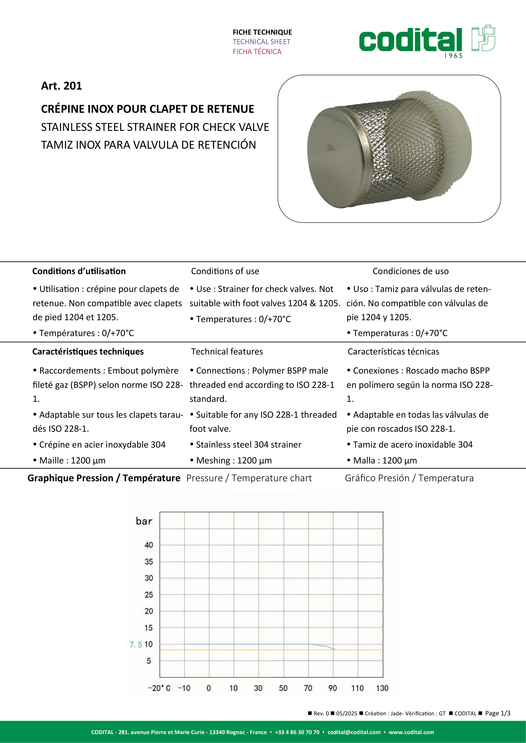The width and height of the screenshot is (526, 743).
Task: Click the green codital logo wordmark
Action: pyautogui.click(x=410, y=40)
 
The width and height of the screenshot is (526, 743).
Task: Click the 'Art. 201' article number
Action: pyautogui.click(x=62, y=86)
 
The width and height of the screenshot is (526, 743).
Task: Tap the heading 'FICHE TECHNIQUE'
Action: pyautogui.click(x=262, y=32)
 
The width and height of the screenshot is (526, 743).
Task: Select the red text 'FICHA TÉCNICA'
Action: pyautogui.click(x=257, y=51)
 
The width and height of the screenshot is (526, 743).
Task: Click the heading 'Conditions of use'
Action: pyautogui.click(x=225, y=271)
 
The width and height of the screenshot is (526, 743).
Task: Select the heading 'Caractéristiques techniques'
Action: pyautogui.click(x=88, y=351)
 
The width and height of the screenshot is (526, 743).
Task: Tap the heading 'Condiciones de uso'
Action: pyautogui.click(x=410, y=271)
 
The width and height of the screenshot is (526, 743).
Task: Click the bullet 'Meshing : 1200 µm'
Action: pyautogui.click(x=234, y=461)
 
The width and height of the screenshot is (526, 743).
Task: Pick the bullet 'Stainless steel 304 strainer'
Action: pyautogui.click(x=248, y=445)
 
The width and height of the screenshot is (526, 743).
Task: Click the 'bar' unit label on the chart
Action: pyautogui.click(x=144, y=521)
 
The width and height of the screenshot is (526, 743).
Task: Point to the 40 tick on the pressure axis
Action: pyautogui.click(x=149, y=545)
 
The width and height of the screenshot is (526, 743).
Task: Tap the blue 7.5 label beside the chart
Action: pyautogui.click(x=136, y=645)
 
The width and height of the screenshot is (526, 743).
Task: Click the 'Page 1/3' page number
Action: pyautogui.click(x=497, y=713)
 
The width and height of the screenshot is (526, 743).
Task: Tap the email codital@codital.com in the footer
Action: pyautogui.click(x=354, y=732)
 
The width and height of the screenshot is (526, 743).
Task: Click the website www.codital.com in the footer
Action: pyautogui.click(x=411, y=732)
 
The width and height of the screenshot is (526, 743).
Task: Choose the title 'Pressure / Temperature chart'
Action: pyautogui.click(x=249, y=478)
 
